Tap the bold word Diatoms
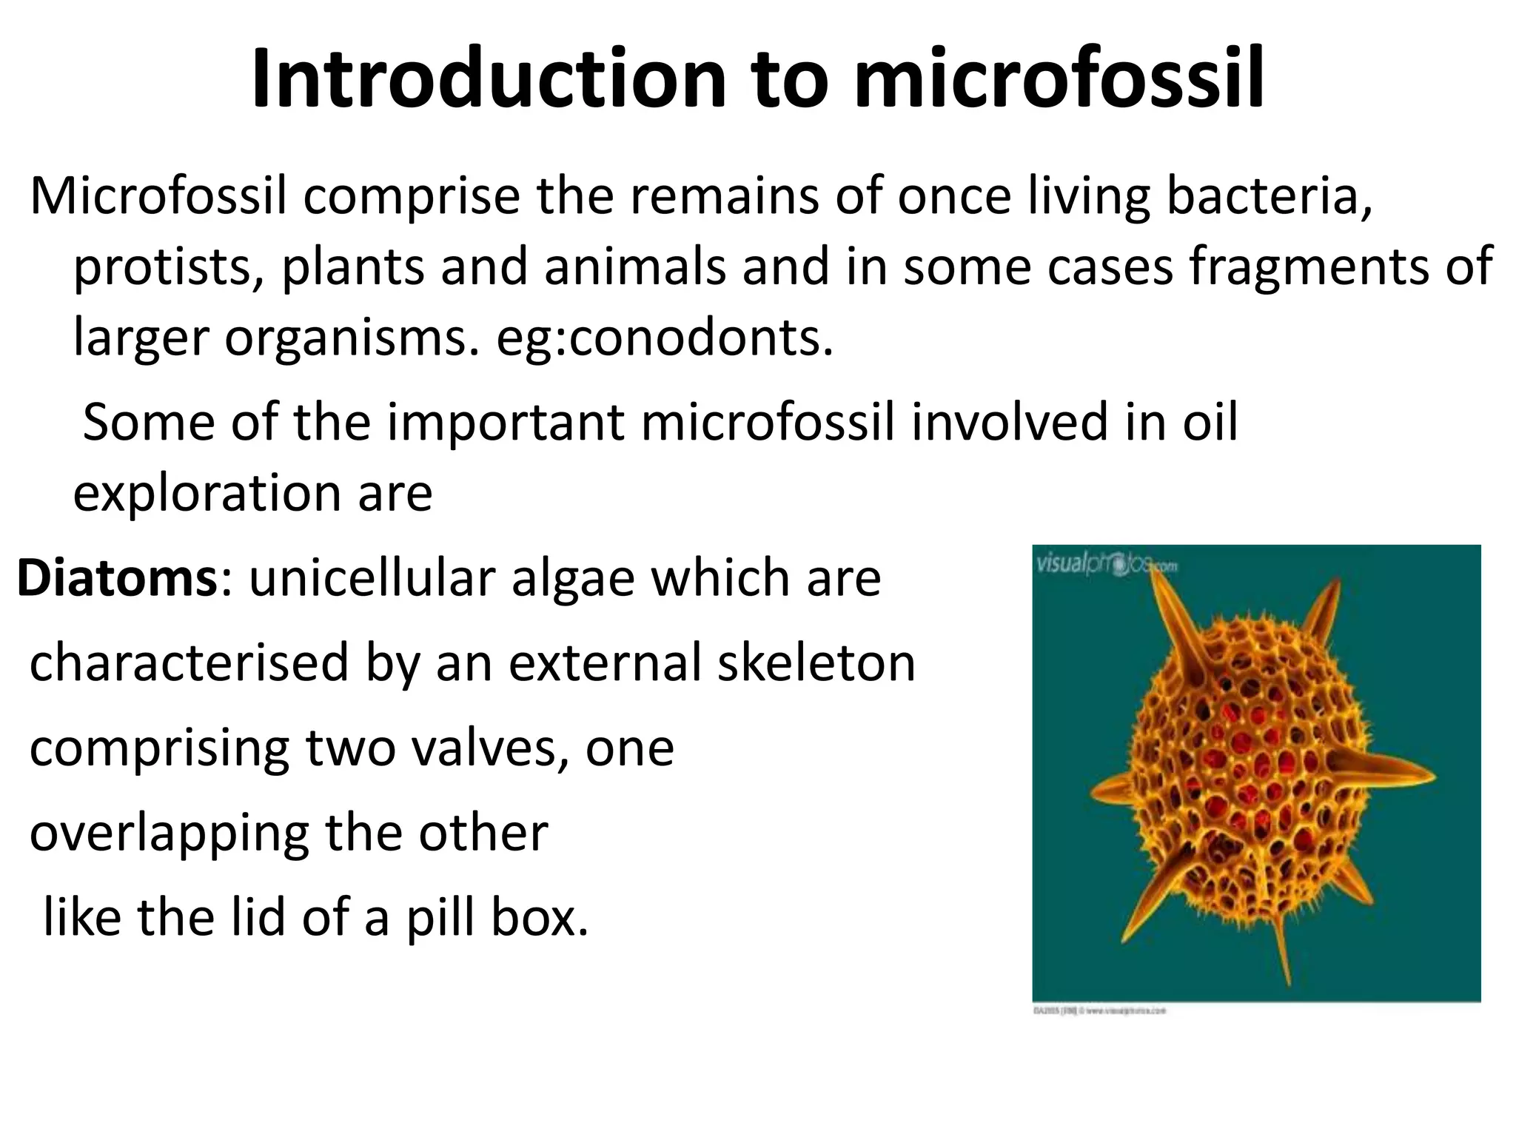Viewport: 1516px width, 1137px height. [116, 578]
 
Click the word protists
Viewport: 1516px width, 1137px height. [170, 268]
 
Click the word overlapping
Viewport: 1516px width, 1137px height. [170, 834]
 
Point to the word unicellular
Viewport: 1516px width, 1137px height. [373, 578]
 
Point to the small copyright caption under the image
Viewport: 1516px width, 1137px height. [1099, 1010]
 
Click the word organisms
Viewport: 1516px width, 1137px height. [352, 338]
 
